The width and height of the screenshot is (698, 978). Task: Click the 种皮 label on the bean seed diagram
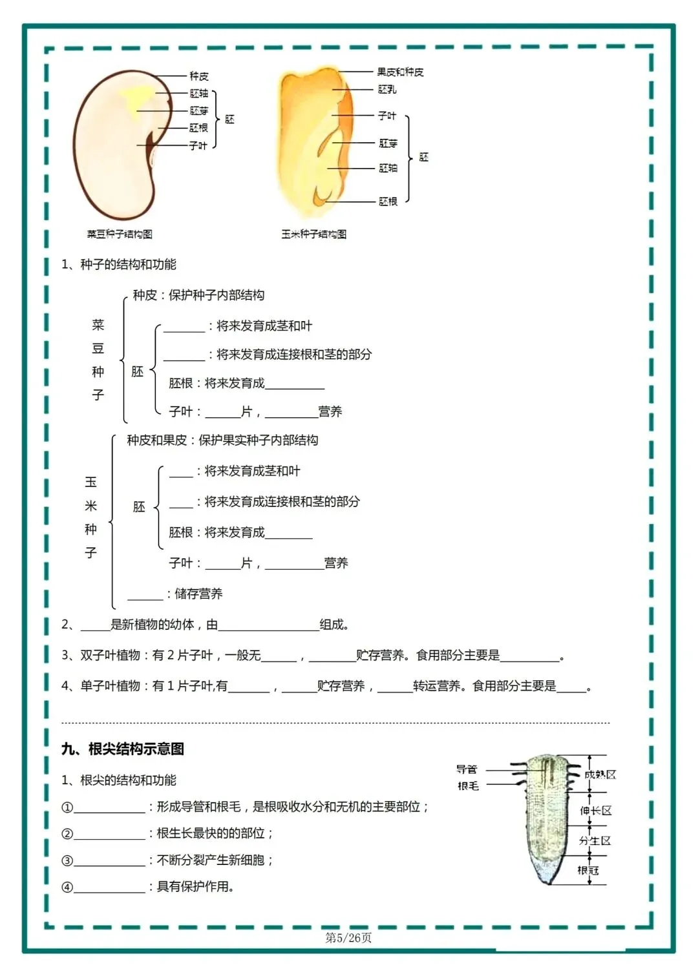click(x=198, y=76)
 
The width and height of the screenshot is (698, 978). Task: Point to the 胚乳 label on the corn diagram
click(x=387, y=89)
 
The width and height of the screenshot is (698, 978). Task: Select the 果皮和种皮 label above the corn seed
click(x=400, y=72)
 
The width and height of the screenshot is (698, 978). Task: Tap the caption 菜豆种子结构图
click(x=120, y=234)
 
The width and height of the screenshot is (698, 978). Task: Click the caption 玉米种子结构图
click(x=313, y=234)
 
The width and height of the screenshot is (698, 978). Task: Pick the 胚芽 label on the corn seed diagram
click(x=388, y=143)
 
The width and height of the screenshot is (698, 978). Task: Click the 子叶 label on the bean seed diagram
click(x=198, y=145)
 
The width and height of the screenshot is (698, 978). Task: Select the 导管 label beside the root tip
click(x=466, y=769)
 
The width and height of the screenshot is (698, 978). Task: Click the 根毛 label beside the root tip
click(x=468, y=786)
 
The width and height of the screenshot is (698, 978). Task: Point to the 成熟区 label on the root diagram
click(x=600, y=774)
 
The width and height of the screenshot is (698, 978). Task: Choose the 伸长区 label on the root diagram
click(x=595, y=810)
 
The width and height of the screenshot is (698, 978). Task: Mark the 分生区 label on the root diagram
click(x=595, y=840)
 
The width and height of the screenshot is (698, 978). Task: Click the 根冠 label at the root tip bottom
click(x=588, y=870)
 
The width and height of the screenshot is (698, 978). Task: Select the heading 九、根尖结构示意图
click(x=123, y=749)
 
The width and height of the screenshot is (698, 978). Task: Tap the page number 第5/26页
click(x=348, y=937)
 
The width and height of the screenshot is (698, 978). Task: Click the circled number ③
click(x=67, y=860)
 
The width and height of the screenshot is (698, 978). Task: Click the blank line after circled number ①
click(x=110, y=807)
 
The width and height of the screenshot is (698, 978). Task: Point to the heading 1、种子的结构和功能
click(x=119, y=264)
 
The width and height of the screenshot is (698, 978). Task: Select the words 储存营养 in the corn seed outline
click(x=198, y=594)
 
